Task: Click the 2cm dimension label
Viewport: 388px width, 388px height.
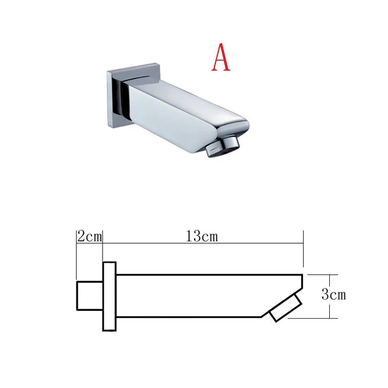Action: [89, 237]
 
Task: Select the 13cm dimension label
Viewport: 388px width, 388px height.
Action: [202, 237]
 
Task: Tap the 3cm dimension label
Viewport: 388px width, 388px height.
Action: [333, 295]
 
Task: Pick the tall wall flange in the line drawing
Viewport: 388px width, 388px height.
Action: [109, 296]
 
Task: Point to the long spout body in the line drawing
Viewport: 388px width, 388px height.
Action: [194, 296]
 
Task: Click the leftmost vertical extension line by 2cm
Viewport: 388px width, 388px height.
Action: [76, 255]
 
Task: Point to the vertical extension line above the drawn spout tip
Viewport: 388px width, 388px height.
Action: [303, 252]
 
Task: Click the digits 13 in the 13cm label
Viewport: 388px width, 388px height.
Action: [193, 237]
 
